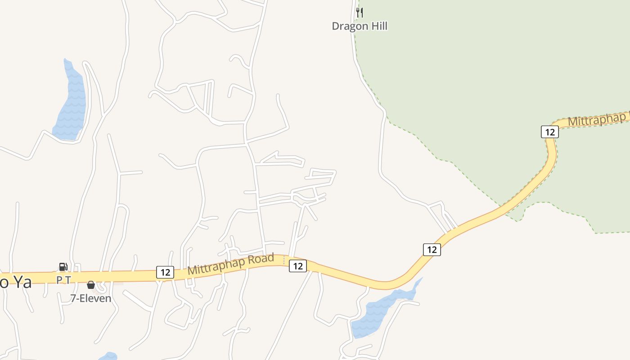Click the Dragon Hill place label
(360, 26)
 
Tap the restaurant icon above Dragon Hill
(359, 12)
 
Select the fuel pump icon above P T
(63, 267)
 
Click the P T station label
(63, 280)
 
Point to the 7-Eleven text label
(90, 298)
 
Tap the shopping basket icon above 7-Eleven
(90, 285)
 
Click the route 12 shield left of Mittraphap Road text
(165, 272)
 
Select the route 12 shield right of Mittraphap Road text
(297, 266)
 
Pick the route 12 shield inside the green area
(549, 132)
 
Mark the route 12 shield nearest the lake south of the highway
(432, 249)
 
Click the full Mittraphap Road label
(231, 265)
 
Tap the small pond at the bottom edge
(108, 356)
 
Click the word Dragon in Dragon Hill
(349, 26)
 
